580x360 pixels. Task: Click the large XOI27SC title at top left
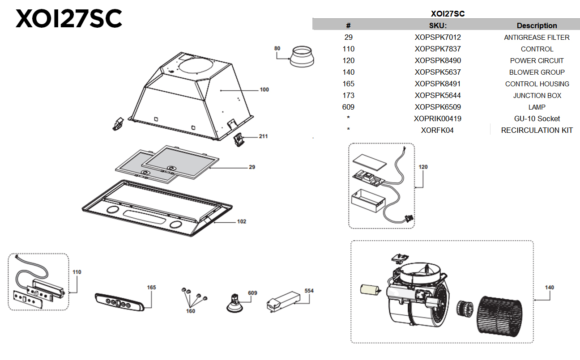click(68, 19)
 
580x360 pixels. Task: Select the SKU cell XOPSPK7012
click(437, 37)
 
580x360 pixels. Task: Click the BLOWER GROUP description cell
click(537, 72)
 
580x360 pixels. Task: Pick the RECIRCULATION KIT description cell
click(537, 130)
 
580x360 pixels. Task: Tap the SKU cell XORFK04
click(437, 130)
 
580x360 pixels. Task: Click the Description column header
click(537, 25)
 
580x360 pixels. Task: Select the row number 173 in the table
click(348, 95)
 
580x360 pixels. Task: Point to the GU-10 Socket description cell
click(537, 119)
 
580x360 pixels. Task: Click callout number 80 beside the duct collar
click(277, 48)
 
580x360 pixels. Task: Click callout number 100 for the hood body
click(264, 90)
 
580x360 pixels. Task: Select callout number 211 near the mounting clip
click(263, 136)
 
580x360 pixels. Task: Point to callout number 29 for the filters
click(252, 167)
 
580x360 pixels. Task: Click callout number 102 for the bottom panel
click(241, 221)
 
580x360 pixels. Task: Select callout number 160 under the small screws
click(191, 311)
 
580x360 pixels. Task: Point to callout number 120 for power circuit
click(423, 167)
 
